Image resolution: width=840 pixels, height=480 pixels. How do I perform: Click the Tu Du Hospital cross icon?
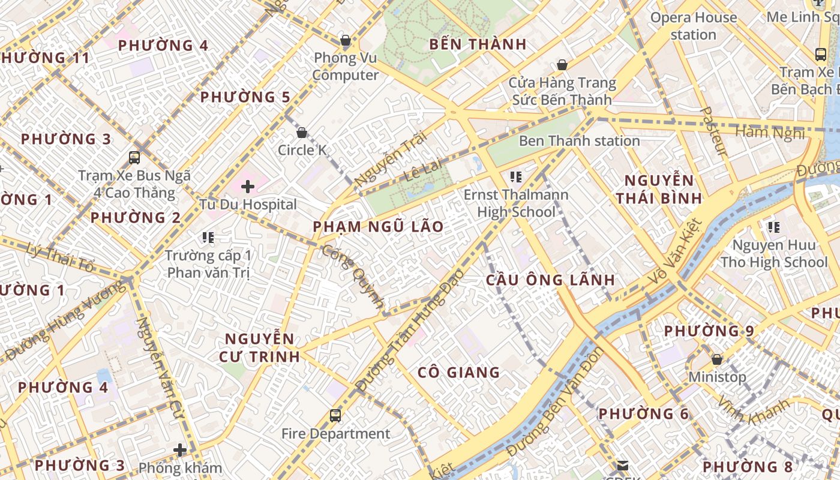(x=247, y=187)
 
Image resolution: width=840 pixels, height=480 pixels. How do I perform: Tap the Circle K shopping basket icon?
(x=302, y=133)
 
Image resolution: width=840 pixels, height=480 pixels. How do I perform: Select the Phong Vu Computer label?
(x=346, y=67)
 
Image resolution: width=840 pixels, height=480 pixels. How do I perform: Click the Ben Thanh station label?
(x=579, y=141)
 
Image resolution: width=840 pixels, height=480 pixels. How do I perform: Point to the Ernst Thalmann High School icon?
(x=515, y=176)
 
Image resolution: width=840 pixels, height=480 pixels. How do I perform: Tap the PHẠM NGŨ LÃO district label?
(x=378, y=227)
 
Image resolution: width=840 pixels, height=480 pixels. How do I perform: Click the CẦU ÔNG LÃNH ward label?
(x=550, y=280)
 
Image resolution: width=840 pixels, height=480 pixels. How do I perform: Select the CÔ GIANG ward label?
(x=458, y=373)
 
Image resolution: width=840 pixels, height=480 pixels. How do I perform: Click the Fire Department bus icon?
(x=335, y=415)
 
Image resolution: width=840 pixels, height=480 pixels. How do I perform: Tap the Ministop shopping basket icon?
(x=716, y=359)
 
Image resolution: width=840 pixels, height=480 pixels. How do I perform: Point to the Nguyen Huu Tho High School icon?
(x=774, y=227)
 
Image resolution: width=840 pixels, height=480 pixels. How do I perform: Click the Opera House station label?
(x=694, y=26)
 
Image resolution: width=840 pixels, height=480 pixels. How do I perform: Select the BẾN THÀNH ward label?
(x=478, y=44)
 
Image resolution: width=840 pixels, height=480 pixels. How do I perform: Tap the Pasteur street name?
(x=714, y=131)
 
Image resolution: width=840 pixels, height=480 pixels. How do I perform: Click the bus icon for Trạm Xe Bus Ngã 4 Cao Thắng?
(x=134, y=158)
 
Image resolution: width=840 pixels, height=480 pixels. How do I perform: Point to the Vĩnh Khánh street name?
(x=753, y=410)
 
